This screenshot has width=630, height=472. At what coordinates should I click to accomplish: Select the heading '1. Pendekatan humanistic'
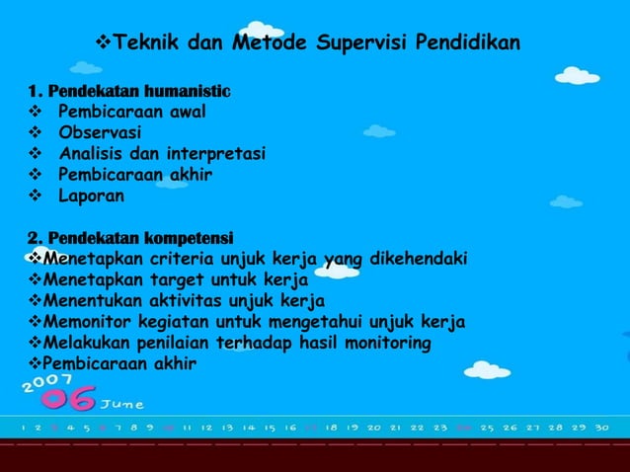pos(129,93)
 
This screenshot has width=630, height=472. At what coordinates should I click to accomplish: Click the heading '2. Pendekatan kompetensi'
pos(129,238)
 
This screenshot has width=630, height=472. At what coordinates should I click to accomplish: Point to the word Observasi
pos(100,131)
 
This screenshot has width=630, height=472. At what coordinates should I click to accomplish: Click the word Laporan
pos(92,196)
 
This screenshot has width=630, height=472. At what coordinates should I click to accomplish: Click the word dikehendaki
pos(420,260)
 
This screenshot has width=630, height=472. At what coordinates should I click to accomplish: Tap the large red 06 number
pos(66,399)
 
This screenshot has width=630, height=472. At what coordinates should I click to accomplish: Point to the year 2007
pos(44,379)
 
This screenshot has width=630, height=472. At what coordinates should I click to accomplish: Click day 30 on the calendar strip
pos(601,428)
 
